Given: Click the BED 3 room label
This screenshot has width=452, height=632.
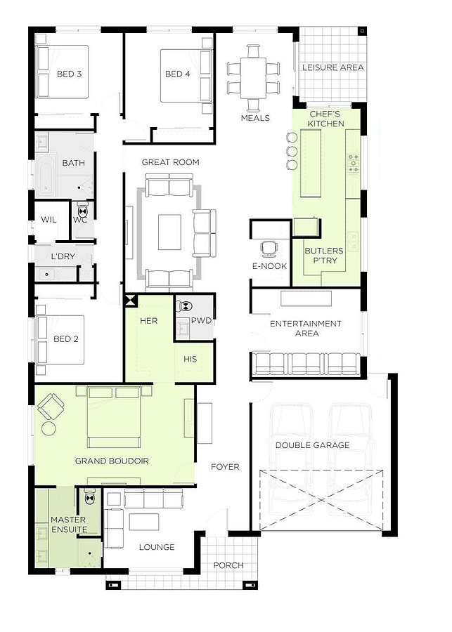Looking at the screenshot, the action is coord(69,74).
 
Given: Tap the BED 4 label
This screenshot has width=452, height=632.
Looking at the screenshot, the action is coord(178,74).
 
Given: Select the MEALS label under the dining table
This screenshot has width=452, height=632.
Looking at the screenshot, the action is coord(255,118).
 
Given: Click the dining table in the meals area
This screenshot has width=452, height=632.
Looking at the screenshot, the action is coord(253,78).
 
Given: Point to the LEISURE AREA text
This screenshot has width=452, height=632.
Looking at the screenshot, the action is coord(333,67).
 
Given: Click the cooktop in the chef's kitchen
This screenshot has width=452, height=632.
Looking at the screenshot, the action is coord(354,163).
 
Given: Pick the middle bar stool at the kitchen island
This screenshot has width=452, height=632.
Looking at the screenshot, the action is coord(292,151).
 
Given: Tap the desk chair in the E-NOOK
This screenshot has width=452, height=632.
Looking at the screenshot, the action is coord(269,249).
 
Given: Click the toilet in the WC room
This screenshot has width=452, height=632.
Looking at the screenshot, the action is coord(83,211).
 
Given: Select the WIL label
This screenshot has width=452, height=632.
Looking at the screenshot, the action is coord(49,220).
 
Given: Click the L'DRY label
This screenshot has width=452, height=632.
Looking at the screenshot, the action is coord(63,256).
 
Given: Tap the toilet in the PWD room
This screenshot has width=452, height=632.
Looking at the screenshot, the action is coord(186,306).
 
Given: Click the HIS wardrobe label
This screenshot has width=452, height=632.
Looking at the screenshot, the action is coord(190,359).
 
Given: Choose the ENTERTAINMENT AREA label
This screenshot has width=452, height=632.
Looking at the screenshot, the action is coord(306,329).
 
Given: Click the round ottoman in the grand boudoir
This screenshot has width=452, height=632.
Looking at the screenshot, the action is coord(49,428).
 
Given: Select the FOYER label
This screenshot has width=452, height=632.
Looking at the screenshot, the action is coord(225,467).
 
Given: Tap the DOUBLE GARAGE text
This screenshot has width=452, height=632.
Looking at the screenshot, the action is coord(312,445).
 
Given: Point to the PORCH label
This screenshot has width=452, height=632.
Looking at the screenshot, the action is coord(228,565).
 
